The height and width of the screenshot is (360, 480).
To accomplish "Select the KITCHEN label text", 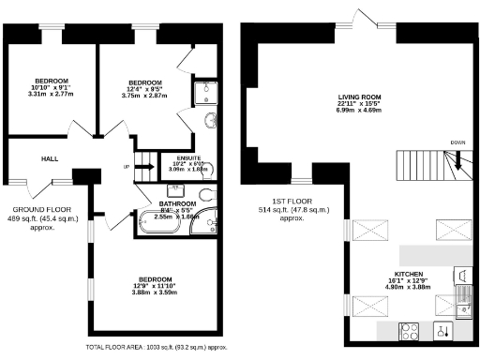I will pyautogui.click(x=407, y=274).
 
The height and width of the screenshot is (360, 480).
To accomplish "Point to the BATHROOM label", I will pyautogui.click(x=177, y=203).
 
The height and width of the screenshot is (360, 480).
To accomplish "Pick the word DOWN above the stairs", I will pyautogui.click(x=457, y=142).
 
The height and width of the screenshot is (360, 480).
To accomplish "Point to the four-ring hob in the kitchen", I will pyautogui.click(x=409, y=330).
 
